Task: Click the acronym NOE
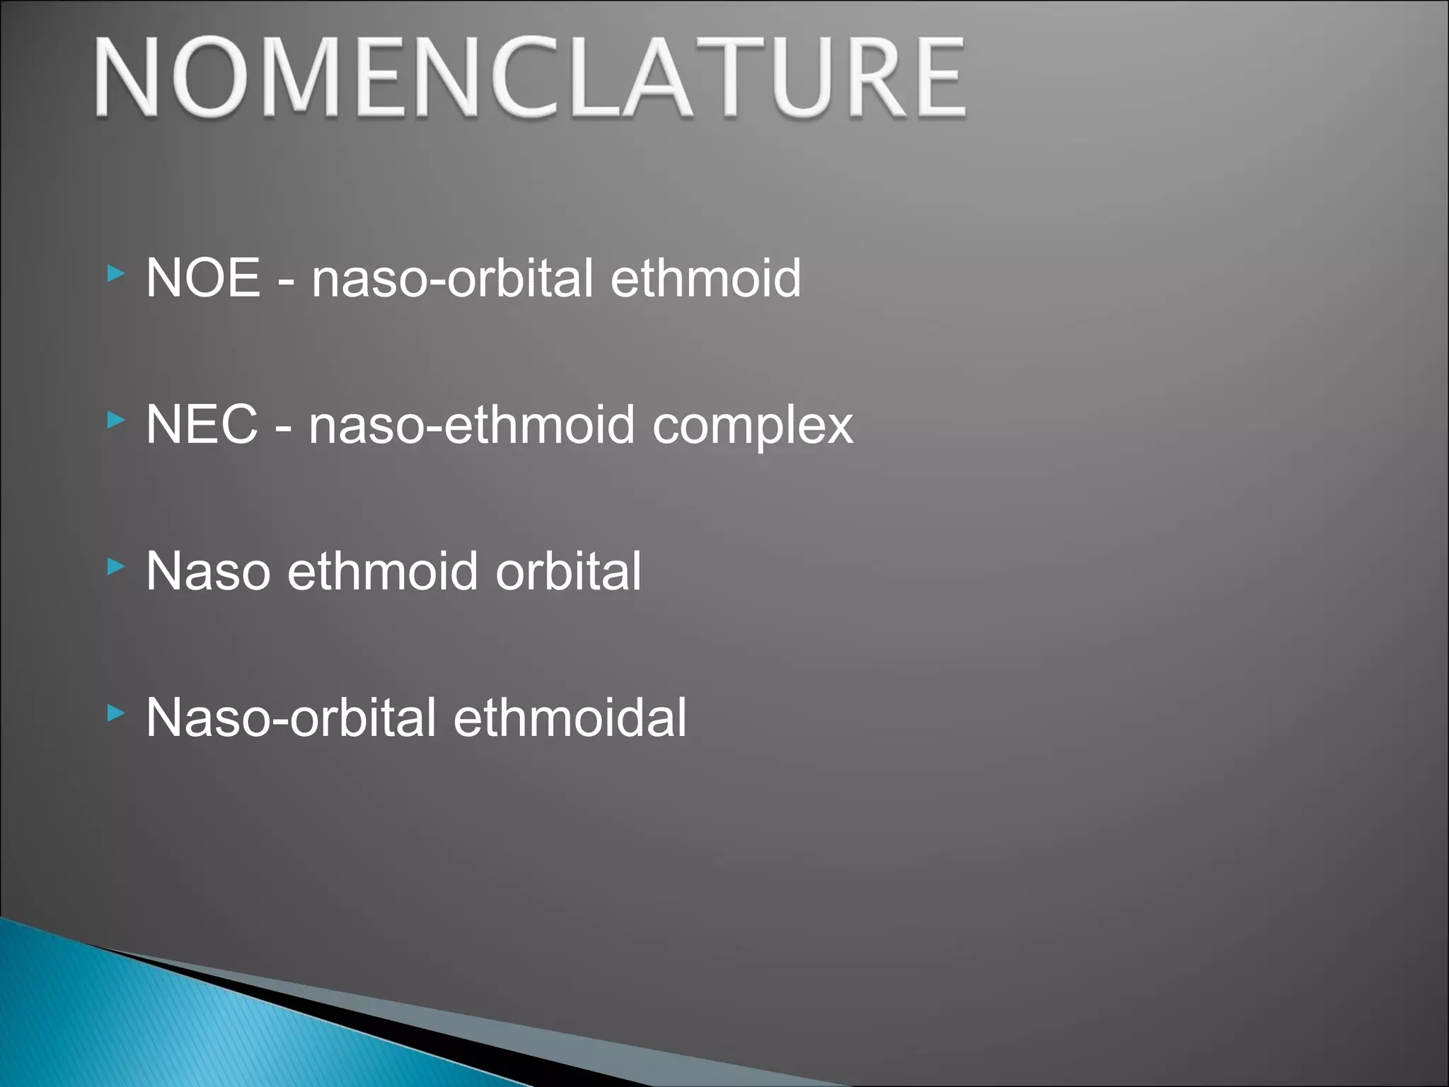[x=203, y=277]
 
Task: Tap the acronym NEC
[x=202, y=425]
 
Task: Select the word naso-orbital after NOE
[x=452, y=277]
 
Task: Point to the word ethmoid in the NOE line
[x=705, y=277]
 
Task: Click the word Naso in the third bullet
[x=208, y=571]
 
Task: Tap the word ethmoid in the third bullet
[x=383, y=571]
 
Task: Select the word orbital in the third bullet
[x=568, y=571]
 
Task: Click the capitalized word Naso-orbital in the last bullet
[x=291, y=718]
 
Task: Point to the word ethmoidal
[x=570, y=718]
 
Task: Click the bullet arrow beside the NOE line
[x=116, y=273]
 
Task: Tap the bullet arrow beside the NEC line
[x=116, y=420]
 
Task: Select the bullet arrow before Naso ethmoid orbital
[x=116, y=566]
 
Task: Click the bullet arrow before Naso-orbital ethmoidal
[x=116, y=713]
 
